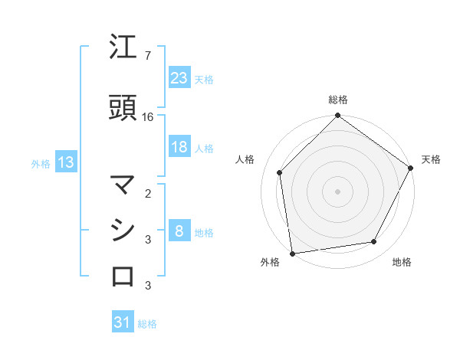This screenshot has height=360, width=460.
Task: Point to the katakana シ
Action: pos(123,230)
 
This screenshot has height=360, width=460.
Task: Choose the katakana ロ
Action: pos(123,275)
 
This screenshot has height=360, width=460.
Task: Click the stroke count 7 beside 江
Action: pos(147,56)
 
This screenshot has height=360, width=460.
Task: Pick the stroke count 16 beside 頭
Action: pos(148,117)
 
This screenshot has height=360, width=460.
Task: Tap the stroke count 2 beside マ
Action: pos(147,193)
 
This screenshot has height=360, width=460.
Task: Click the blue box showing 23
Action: pos(179,78)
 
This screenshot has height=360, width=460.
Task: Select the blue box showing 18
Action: pos(179,148)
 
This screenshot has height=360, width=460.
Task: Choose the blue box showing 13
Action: pos(65,162)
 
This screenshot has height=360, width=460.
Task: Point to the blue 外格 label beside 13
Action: pos(41,163)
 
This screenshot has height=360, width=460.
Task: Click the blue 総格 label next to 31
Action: pos(147,324)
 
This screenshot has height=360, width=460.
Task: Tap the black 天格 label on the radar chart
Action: pos(431,159)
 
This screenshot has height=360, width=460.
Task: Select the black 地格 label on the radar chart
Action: pos(402,262)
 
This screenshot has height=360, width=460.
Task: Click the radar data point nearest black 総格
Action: pos(337,116)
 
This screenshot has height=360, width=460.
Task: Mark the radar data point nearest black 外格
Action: pos(292,253)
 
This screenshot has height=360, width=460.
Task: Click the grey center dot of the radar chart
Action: pos(337,191)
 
